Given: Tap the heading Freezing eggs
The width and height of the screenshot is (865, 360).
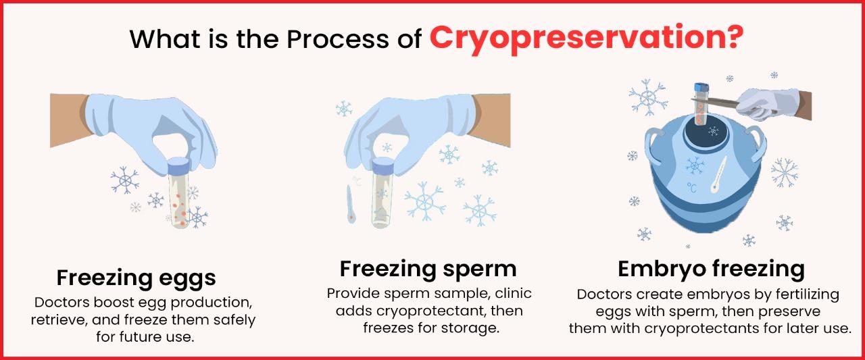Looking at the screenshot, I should (x=136, y=278).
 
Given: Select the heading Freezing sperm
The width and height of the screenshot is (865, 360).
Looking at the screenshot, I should (x=428, y=268).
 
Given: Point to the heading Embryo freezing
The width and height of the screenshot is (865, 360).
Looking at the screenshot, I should (x=711, y=268).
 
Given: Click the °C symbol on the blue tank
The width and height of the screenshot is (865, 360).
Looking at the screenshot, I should (x=692, y=187).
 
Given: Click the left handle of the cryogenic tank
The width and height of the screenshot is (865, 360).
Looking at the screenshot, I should (x=652, y=141).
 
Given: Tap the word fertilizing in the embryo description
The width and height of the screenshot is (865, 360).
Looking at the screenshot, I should (x=801, y=294).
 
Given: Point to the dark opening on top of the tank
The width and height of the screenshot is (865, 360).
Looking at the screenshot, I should (x=712, y=130).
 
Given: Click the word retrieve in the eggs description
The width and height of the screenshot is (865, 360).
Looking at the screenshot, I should (x=57, y=319).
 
